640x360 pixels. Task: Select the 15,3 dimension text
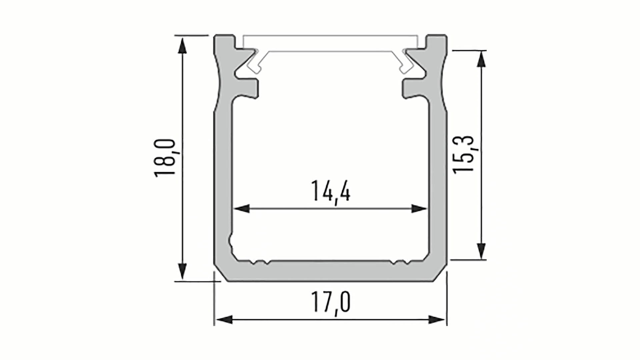point(463,154)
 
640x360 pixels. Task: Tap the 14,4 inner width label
point(331,192)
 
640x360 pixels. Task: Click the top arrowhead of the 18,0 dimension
point(182,45)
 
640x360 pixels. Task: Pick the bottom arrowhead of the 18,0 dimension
point(182,271)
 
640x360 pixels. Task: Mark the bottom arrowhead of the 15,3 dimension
point(481,250)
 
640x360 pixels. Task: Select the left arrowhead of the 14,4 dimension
point(241,209)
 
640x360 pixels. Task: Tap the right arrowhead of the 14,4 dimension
point(419,209)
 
